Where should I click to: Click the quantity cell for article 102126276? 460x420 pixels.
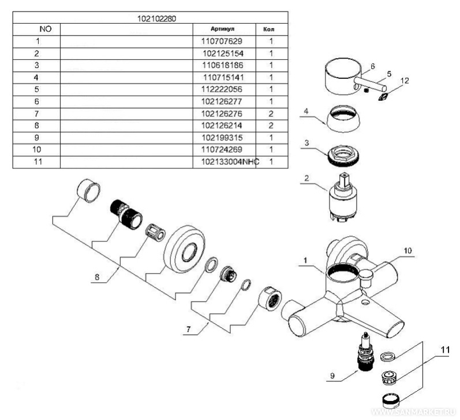(x=270, y=114)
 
